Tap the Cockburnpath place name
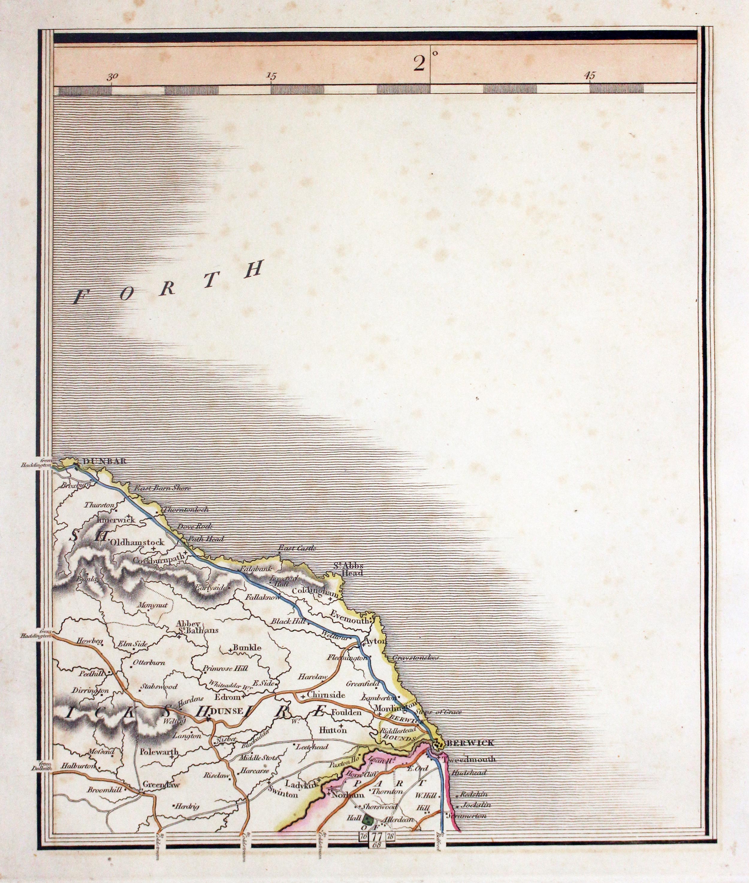pyautogui.click(x=160, y=560)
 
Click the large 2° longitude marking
pyautogui.click(x=420, y=64)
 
